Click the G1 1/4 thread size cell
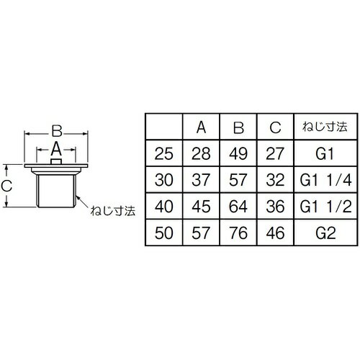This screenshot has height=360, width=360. coord(325,180)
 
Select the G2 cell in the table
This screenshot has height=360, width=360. coord(325,233)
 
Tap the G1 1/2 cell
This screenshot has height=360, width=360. coord(325,207)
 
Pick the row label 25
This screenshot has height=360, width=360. coord(164,153)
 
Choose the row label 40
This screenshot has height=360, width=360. coord(164,207)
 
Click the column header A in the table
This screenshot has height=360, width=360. coord(201,127)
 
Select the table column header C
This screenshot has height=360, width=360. coord(275,127)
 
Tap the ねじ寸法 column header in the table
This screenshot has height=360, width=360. coord(325,127)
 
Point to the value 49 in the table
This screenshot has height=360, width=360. coord(238,153)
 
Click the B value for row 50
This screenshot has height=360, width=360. coord(238,233)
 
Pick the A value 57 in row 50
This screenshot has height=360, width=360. coord(201,233)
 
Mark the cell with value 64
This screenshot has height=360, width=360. coord(238,207)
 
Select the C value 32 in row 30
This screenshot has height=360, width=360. coord(275,180)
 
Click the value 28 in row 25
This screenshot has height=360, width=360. coord(201,153)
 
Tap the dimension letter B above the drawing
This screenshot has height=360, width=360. coord(57,131)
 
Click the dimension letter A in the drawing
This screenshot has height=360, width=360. coord(56,149)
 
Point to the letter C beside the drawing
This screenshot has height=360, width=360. coord(6,186)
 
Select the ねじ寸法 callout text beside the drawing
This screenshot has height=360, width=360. coord(113,211)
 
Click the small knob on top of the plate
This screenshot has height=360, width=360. coord(56,162)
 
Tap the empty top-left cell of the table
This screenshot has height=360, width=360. coord(164,127)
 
